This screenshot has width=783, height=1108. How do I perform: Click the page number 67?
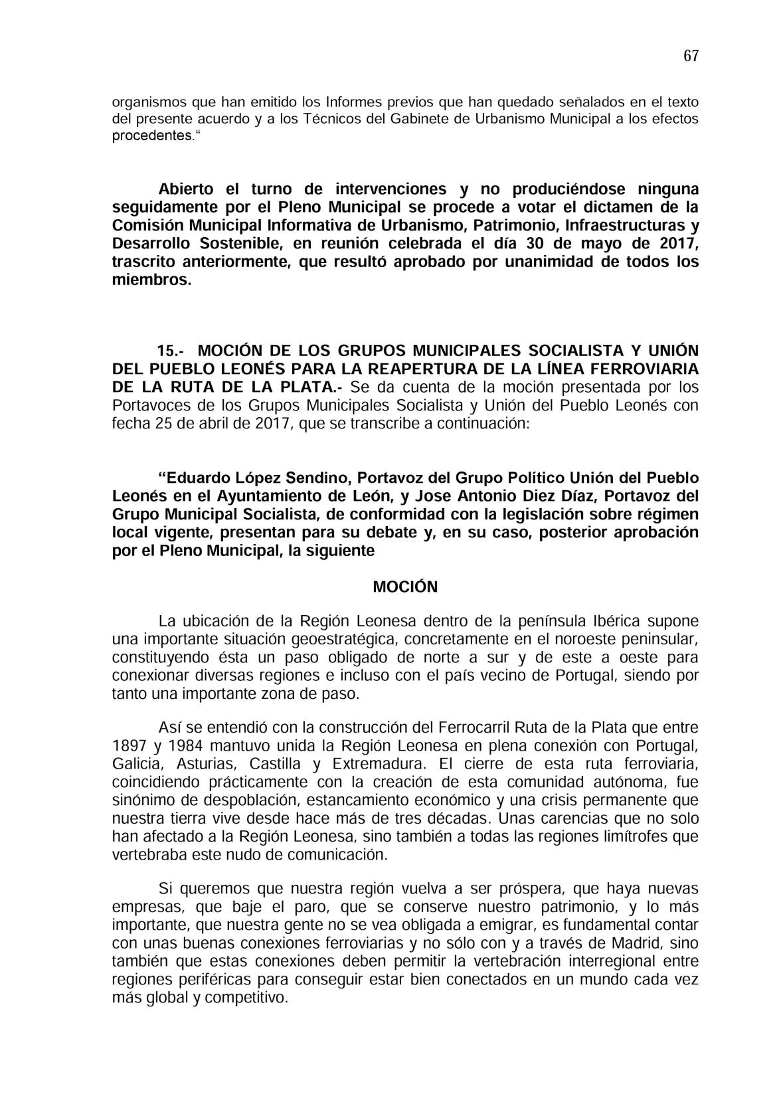pyautogui.click(x=691, y=56)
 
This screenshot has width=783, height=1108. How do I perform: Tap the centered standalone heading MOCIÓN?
pyautogui.click(x=405, y=587)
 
